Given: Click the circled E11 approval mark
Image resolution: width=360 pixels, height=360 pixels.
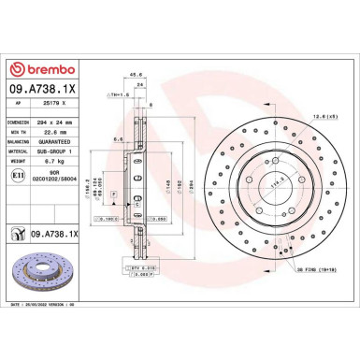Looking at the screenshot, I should click(x=20, y=176).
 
